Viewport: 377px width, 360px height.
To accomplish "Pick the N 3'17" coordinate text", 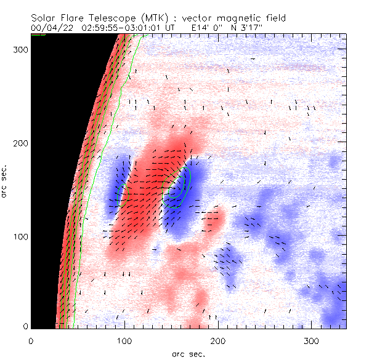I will pos(262,28).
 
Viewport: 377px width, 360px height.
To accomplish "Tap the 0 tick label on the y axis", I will pos(25,326).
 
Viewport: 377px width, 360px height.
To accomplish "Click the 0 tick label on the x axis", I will pos(31,340).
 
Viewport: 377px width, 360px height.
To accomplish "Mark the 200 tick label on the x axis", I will pos(217,340).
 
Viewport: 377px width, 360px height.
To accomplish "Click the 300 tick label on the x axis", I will pos(310,340).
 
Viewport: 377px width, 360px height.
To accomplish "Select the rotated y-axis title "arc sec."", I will pos(6,181).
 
